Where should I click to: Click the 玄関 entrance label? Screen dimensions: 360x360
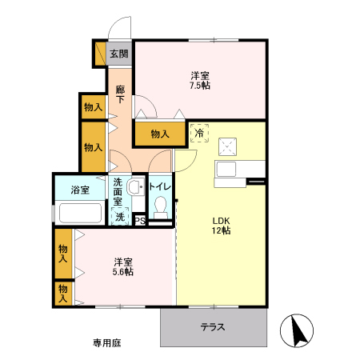(119, 56)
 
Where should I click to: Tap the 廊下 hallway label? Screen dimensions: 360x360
(119, 94)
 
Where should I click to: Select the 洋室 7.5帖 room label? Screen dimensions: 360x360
(199, 80)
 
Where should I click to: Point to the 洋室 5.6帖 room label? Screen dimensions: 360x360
(122, 266)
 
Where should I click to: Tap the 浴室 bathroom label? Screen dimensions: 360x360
(79, 190)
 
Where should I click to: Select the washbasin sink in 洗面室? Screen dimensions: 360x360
(136, 189)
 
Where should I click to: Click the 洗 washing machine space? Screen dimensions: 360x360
(120, 216)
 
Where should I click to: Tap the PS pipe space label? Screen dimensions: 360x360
(139, 222)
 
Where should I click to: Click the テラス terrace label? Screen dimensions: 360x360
(212, 326)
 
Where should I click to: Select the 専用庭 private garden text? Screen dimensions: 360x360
(106, 342)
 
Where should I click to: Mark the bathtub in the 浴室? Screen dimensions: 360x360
(79, 214)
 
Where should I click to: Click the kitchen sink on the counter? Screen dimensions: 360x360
(225, 169)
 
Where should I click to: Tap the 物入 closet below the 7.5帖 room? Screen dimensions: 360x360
(160, 134)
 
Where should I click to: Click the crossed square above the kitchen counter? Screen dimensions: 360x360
(226, 146)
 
